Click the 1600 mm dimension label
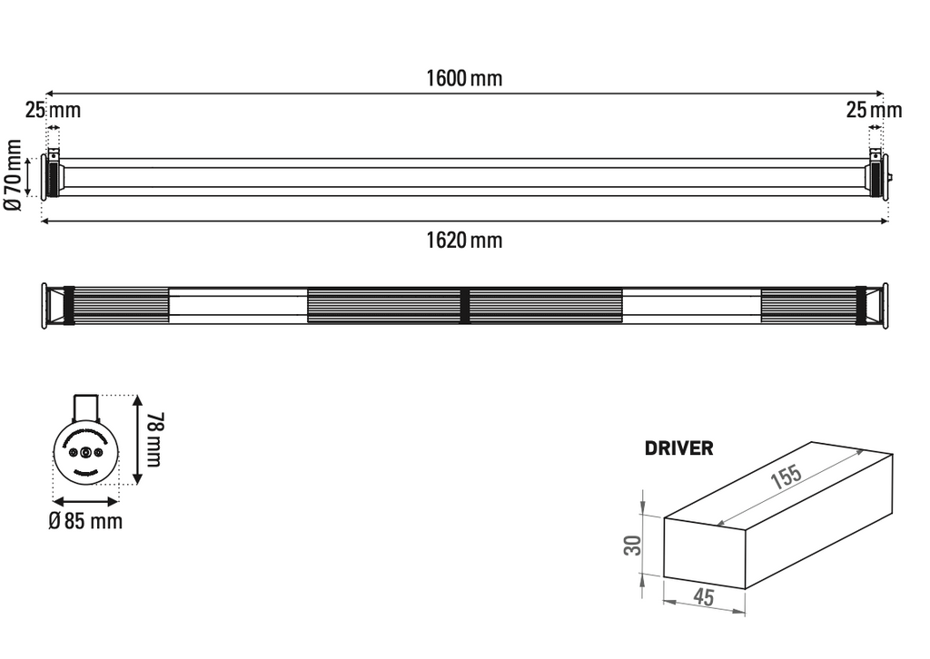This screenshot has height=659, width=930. tap(464, 78)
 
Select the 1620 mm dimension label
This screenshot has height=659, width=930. tap(464, 241)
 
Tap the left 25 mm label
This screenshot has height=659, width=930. tap(53, 111)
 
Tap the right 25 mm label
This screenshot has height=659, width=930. tap(874, 111)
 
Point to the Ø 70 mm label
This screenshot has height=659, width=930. tap(13, 176)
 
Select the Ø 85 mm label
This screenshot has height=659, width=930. tap(85, 522)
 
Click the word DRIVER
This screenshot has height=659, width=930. tap(678, 448)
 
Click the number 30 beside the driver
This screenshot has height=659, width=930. tap(633, 545)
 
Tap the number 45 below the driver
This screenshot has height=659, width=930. tap(703, 597)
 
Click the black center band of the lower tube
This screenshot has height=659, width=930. tap(464, 305)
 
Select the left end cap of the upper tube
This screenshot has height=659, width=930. tap(51, 175)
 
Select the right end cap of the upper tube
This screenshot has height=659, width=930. tap(876, 175)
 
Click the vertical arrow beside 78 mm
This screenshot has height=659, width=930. tap(137, 440)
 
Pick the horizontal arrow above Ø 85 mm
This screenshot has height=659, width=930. tap(85, 501)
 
